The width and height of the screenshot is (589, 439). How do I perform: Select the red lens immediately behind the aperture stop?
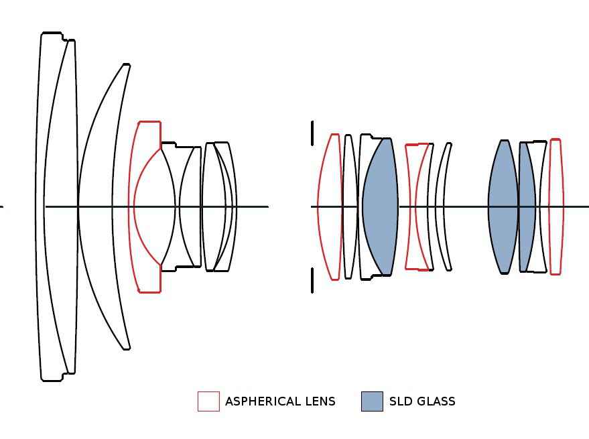(328, 206)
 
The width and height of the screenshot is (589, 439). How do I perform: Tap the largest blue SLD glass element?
(381, 206)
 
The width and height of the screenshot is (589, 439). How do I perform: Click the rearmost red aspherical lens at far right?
(555, 206)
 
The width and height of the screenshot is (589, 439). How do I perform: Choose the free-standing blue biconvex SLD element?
(503, 206)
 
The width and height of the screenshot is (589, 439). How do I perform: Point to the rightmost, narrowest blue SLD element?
(527, 206)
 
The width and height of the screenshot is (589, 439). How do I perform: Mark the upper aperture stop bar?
(312, 133)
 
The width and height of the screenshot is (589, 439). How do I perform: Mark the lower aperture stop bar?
(312, 281)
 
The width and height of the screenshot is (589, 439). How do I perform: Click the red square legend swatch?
(208, 401)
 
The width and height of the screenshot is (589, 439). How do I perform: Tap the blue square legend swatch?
(372, 401)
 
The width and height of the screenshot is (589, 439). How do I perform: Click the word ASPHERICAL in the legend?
(263, 402)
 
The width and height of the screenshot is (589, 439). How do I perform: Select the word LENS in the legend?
(320, 402)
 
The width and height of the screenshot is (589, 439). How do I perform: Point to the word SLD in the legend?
(400, 402)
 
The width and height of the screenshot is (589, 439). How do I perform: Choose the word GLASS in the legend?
(435, 402)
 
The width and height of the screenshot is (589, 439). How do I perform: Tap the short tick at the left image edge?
(1, 206)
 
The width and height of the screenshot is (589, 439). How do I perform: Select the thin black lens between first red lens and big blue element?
(349, 206)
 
